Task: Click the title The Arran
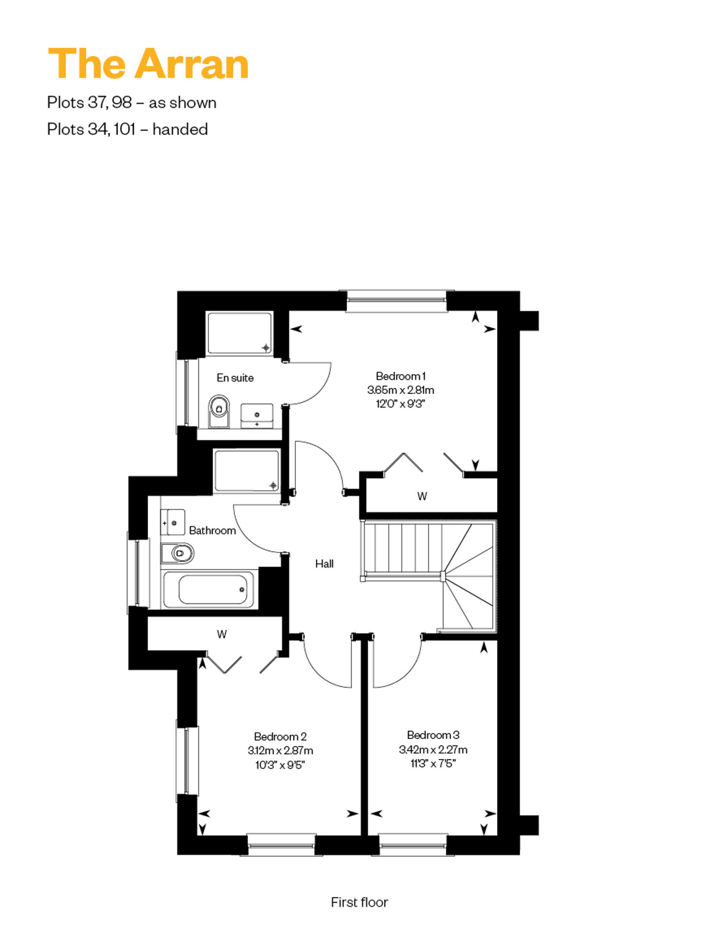[x=148, y=64]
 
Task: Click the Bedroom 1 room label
[x=401, y=376]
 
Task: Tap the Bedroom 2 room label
[x=280, y=737]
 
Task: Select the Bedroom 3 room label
[x=433, y=735]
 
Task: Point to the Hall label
[x=325, y=564]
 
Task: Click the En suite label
[x=235, y=378]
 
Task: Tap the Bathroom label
[x=212, y=531]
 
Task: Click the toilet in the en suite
[x=219, y=411]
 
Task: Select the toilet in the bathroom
[x=178, y=553]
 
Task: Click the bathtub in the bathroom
[x=209, y=589]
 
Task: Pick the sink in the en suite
[x=257, y=416]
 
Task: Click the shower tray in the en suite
[x=240, y=333]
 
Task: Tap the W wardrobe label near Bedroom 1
[x=422, y=496]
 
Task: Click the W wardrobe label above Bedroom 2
[x=221, y=635]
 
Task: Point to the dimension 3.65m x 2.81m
[x=401, y=390]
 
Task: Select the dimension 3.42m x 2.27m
[x=433, y=749]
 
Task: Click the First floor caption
[x=359, y=902]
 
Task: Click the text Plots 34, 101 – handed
[x=128, y=129]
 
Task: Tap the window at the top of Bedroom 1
[x=396, y=301]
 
